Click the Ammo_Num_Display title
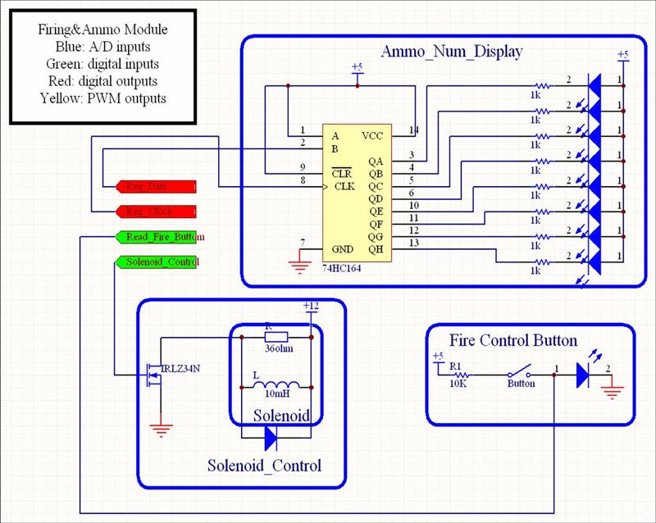[452, 52]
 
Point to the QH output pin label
[376, 249]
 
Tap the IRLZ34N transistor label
[180, 368]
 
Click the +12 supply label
[311, 306]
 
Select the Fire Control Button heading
[513, 340]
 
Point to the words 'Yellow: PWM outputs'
[102, 98]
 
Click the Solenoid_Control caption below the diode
[264, 466]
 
